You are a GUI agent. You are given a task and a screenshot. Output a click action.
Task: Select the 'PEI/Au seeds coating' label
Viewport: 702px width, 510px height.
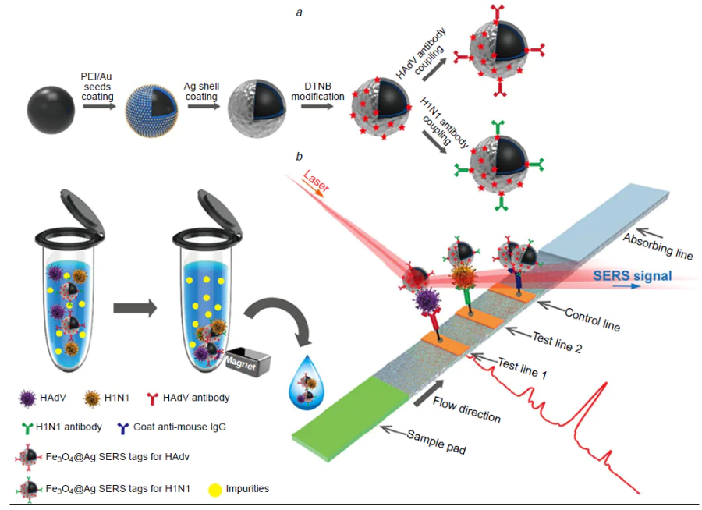click(98, 87)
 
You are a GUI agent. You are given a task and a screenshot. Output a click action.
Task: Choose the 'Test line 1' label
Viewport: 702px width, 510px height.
click(523, 372)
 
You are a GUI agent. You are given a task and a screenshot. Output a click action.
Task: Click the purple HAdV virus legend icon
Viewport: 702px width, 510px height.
click(27, 398)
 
